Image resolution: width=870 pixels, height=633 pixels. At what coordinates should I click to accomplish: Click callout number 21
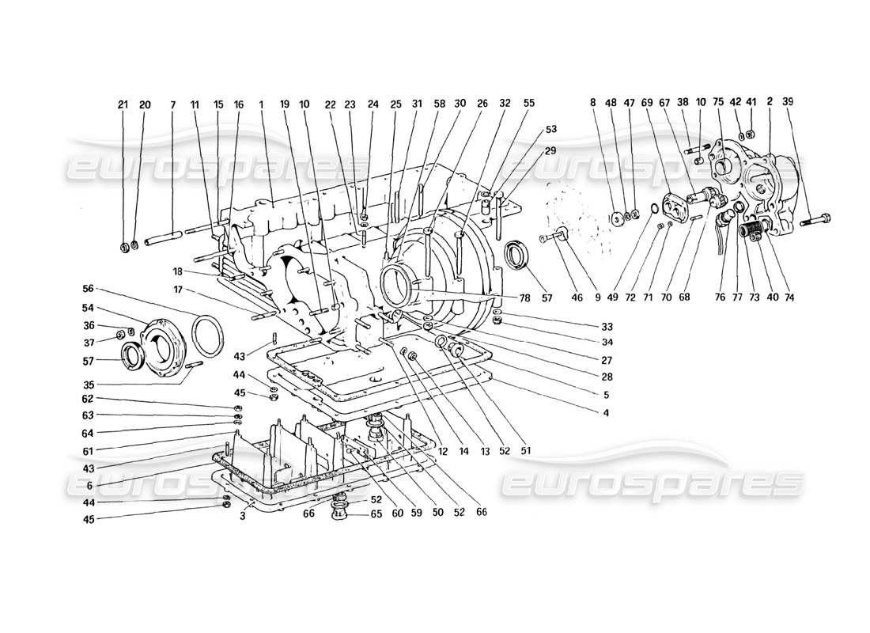[123, 104]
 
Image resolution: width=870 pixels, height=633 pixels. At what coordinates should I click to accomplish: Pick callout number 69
[648, 102]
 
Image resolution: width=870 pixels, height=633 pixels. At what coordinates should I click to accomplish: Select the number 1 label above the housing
[260, 104]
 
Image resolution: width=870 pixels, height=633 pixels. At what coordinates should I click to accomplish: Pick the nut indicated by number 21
[126, 248]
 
